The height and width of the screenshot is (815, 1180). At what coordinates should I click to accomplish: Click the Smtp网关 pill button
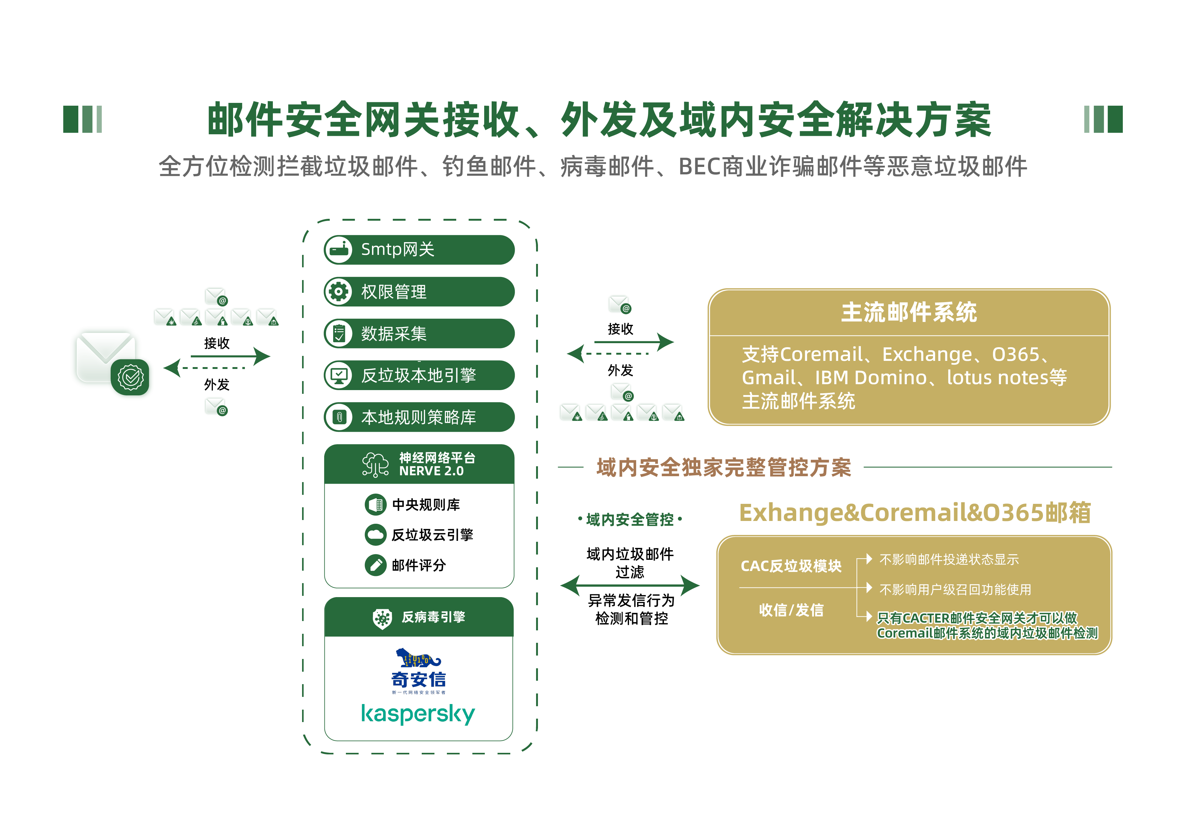419,250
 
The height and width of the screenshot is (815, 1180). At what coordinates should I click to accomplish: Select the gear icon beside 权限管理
338,292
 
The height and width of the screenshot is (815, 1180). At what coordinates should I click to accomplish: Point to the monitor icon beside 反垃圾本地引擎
338,375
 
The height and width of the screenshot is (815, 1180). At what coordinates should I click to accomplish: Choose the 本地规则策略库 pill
419,417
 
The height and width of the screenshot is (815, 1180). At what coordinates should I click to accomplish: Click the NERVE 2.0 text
431,471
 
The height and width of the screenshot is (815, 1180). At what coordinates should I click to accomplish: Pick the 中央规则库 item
425,504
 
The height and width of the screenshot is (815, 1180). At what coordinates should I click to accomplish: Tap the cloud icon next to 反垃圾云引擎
375,535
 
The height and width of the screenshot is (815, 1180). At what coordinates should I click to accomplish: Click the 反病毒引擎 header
433,617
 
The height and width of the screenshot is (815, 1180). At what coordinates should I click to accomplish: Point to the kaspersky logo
418,714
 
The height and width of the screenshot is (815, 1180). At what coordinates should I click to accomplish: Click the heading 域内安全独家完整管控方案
723,467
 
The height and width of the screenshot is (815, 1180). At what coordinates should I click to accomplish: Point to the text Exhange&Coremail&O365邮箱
915,513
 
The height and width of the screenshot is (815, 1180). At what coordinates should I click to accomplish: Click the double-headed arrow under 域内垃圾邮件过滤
630,586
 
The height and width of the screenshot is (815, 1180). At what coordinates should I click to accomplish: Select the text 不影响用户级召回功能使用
955,590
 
